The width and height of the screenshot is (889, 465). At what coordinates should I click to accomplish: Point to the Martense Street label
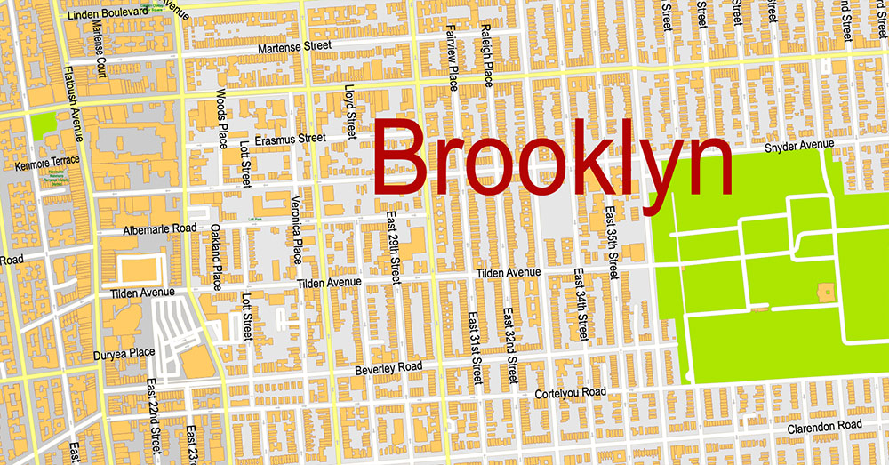293,46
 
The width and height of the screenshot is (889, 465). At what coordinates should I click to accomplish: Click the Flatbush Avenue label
76,104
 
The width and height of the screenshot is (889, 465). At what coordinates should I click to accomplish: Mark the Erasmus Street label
290,139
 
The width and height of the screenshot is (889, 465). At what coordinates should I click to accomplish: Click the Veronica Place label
297,229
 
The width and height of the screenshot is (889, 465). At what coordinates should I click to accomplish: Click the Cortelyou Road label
570,392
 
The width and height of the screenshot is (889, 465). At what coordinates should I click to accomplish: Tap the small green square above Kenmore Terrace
42,125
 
